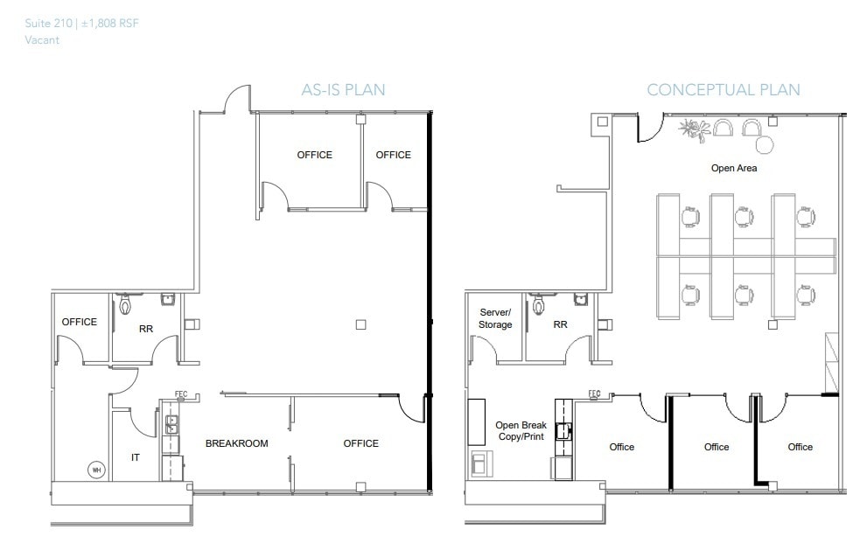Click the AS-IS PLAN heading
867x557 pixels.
[x=343, y=89]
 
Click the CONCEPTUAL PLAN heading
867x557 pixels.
[x=723, y=89]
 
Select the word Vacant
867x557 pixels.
[x=43, y=40]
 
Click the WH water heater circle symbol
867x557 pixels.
[x=94, y=470]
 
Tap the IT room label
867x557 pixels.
[x=136, y=457]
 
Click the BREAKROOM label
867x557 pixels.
[x=236, y=443]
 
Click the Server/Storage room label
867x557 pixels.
[x=495, y=318]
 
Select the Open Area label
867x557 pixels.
[x=734, y=168]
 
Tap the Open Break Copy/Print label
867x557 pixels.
[x=521, y=430]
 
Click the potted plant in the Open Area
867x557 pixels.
[x=695, y=131]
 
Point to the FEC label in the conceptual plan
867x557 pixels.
[x=594, y=393]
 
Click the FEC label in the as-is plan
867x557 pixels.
[x=182, y=394]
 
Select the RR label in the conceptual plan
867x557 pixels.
[x=560, y=324]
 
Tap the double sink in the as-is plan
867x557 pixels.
[x=172, y=424]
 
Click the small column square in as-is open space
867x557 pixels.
[x=360, y=324]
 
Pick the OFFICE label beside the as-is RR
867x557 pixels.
[x=80, y=322]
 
